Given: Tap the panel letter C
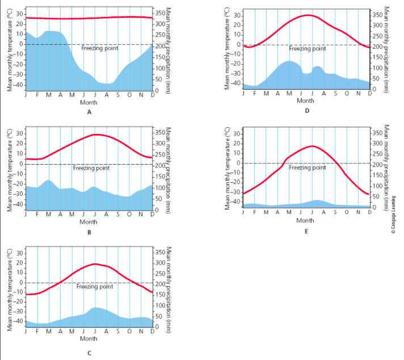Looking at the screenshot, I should pyautogui.click(x=89, y=353).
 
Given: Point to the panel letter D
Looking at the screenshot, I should pyautogui.click(x=307, y=111).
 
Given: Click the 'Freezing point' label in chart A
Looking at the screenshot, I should pyautogui.click(x=100, y=48).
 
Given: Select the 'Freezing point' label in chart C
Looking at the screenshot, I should pyautogui.click(x=95, y=286).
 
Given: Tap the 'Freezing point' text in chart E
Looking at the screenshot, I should pyautogui.click(x=308, y=168).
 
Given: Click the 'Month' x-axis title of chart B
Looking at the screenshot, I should pyautogui.click(x=89, y=221).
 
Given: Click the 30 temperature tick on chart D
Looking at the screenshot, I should pyautogui.click(x=238, y=16).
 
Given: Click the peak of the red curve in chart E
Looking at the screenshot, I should pyautogui.click(x=312, y=146).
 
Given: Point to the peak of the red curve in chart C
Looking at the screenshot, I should pyautogui.click(x=95, y=264).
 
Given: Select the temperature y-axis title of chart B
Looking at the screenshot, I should pyautogui.click(x=10, y=170).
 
